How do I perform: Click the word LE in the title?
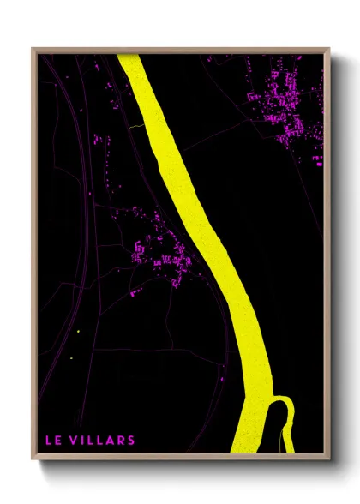[52, 441]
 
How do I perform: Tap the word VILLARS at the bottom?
[102, 441]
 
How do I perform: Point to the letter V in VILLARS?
[74, 441]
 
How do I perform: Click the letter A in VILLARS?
[111, 441]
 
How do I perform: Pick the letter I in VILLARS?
[83, 441]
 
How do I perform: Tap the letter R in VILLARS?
[121, 441]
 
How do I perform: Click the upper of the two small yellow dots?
[78, 332]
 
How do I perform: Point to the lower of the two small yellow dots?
[72, 357]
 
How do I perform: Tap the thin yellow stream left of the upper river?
[137, 126]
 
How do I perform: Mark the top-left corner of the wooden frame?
[33, 49]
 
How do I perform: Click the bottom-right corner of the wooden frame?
[330, 461]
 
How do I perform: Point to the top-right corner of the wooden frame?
[330, 49]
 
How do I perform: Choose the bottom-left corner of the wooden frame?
[33, 461]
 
